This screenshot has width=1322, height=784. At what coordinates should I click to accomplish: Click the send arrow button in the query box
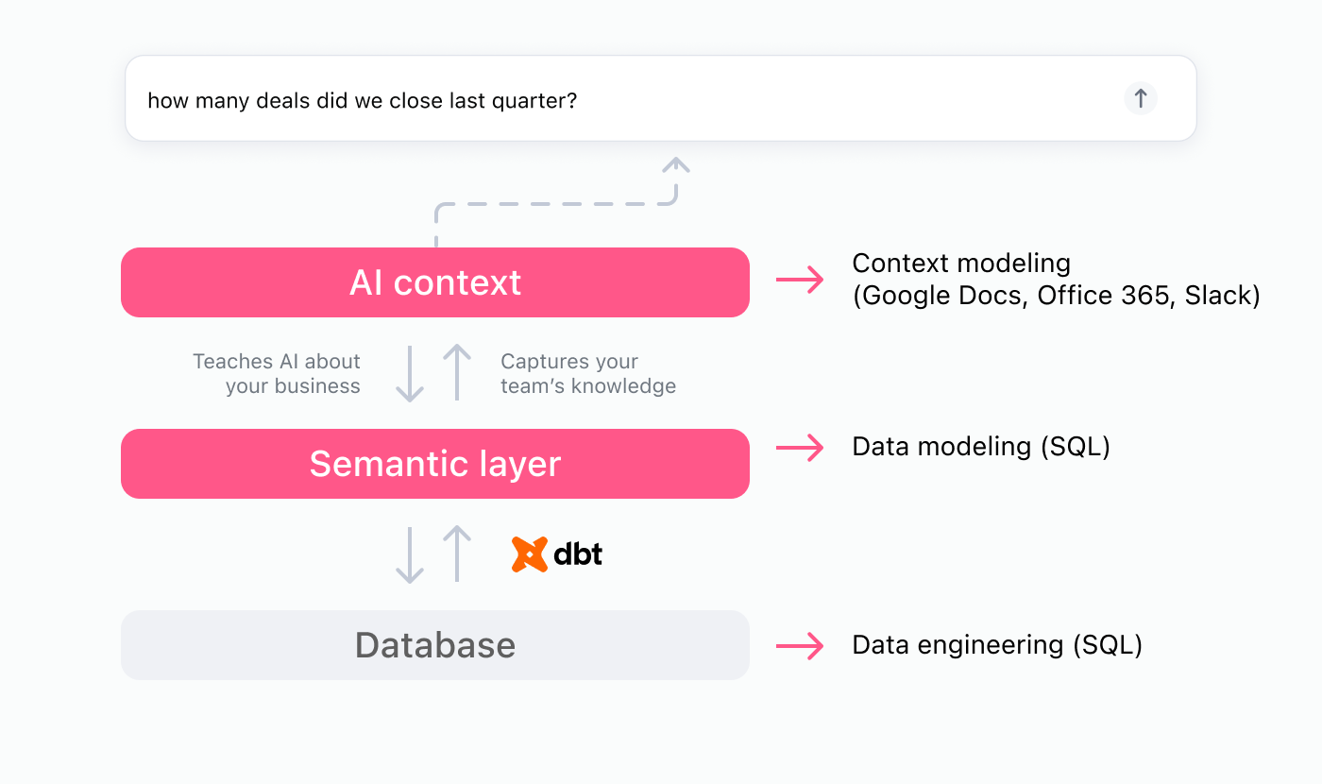1140,98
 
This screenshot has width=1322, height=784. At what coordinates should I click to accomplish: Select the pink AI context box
434,282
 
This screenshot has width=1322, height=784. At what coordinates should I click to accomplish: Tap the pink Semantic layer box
434,464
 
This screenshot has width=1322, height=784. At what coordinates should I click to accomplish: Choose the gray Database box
434,645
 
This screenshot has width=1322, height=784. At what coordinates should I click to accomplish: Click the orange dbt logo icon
530,554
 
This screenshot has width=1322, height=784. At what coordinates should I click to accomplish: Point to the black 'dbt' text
578,554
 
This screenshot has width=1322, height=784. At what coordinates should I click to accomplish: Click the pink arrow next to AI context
799,280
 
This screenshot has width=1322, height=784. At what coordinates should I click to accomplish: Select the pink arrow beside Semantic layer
799,448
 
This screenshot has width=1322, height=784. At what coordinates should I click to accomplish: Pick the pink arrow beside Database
799,646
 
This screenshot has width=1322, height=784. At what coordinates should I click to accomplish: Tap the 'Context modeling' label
961,264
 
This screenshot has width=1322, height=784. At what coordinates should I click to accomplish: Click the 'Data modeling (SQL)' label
980,446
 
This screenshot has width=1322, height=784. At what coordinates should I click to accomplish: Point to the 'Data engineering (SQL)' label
996,645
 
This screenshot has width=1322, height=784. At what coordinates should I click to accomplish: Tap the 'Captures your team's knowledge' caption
587,374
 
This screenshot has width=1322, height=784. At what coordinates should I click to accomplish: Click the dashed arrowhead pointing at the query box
676,165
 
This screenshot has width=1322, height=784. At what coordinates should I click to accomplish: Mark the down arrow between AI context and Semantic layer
409,374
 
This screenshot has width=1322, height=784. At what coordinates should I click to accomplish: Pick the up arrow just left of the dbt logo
457,554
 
